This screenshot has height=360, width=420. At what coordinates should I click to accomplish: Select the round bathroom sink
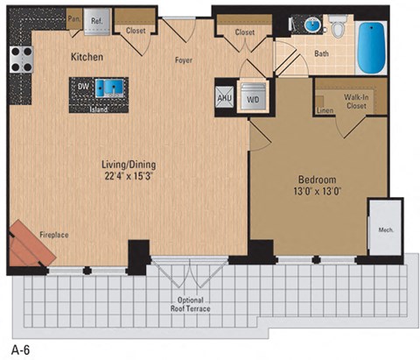click(x=311, y=24)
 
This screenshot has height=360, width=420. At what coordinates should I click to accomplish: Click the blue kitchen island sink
click(x=110, y=87)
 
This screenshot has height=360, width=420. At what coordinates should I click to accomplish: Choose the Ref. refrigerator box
click(x=97, y=19)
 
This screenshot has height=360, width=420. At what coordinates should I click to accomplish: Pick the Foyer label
click(x=183, y=60)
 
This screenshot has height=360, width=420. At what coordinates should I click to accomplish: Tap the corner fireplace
click(x=31, y=243)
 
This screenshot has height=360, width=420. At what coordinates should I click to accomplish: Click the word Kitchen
click(x=87, y=58)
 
